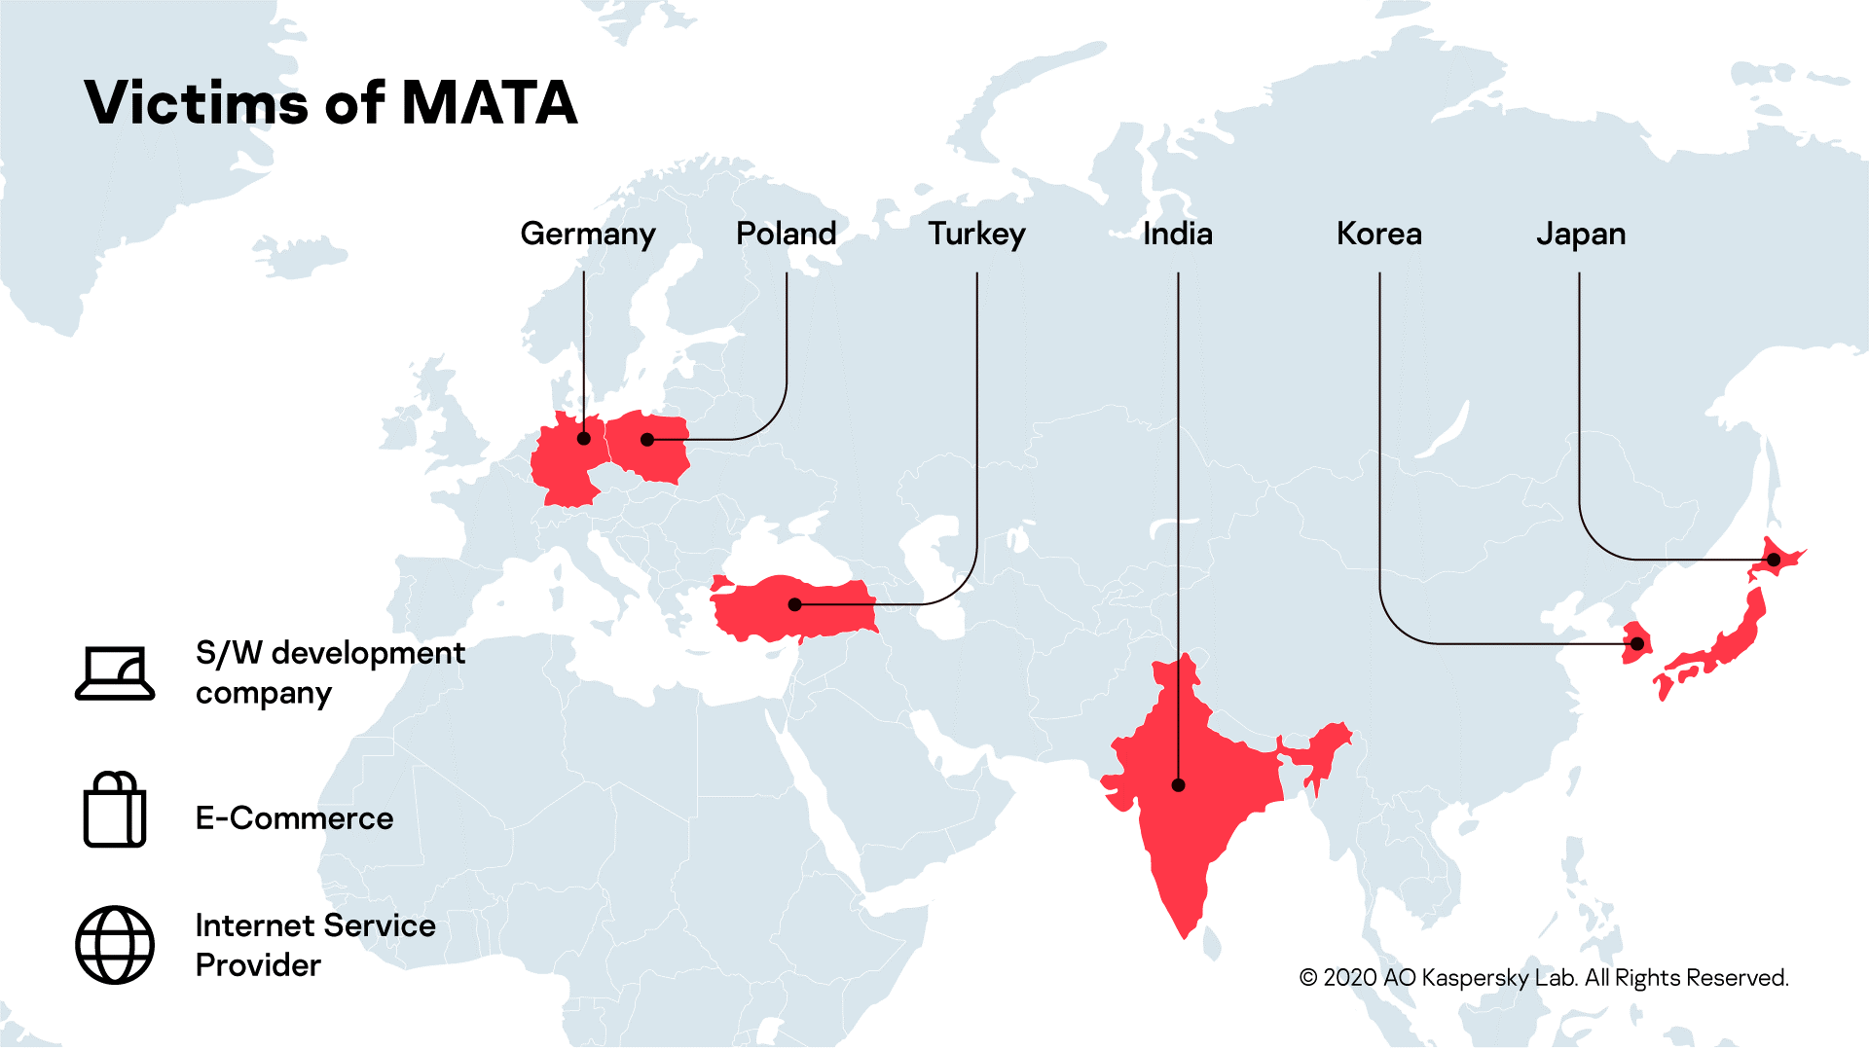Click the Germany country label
tap(588, 235)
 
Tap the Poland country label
tap(786, 234)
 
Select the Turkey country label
tap(976, 235)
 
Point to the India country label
tap(1177, 234)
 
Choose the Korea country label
tap(1378, 234)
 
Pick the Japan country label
tap(1580, 235)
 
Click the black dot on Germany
tap(584, 439)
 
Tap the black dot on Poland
tap(647, 440)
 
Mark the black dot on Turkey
tap(794, 604)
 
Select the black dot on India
tap(1178, 785)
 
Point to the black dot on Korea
tap(1637, 644)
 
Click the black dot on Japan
tap(1774, 560)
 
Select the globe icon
tap(115, 945)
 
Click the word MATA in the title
tap(490, 103)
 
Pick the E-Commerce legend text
tap(294, 818)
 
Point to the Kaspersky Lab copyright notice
tap(1544, 977)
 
